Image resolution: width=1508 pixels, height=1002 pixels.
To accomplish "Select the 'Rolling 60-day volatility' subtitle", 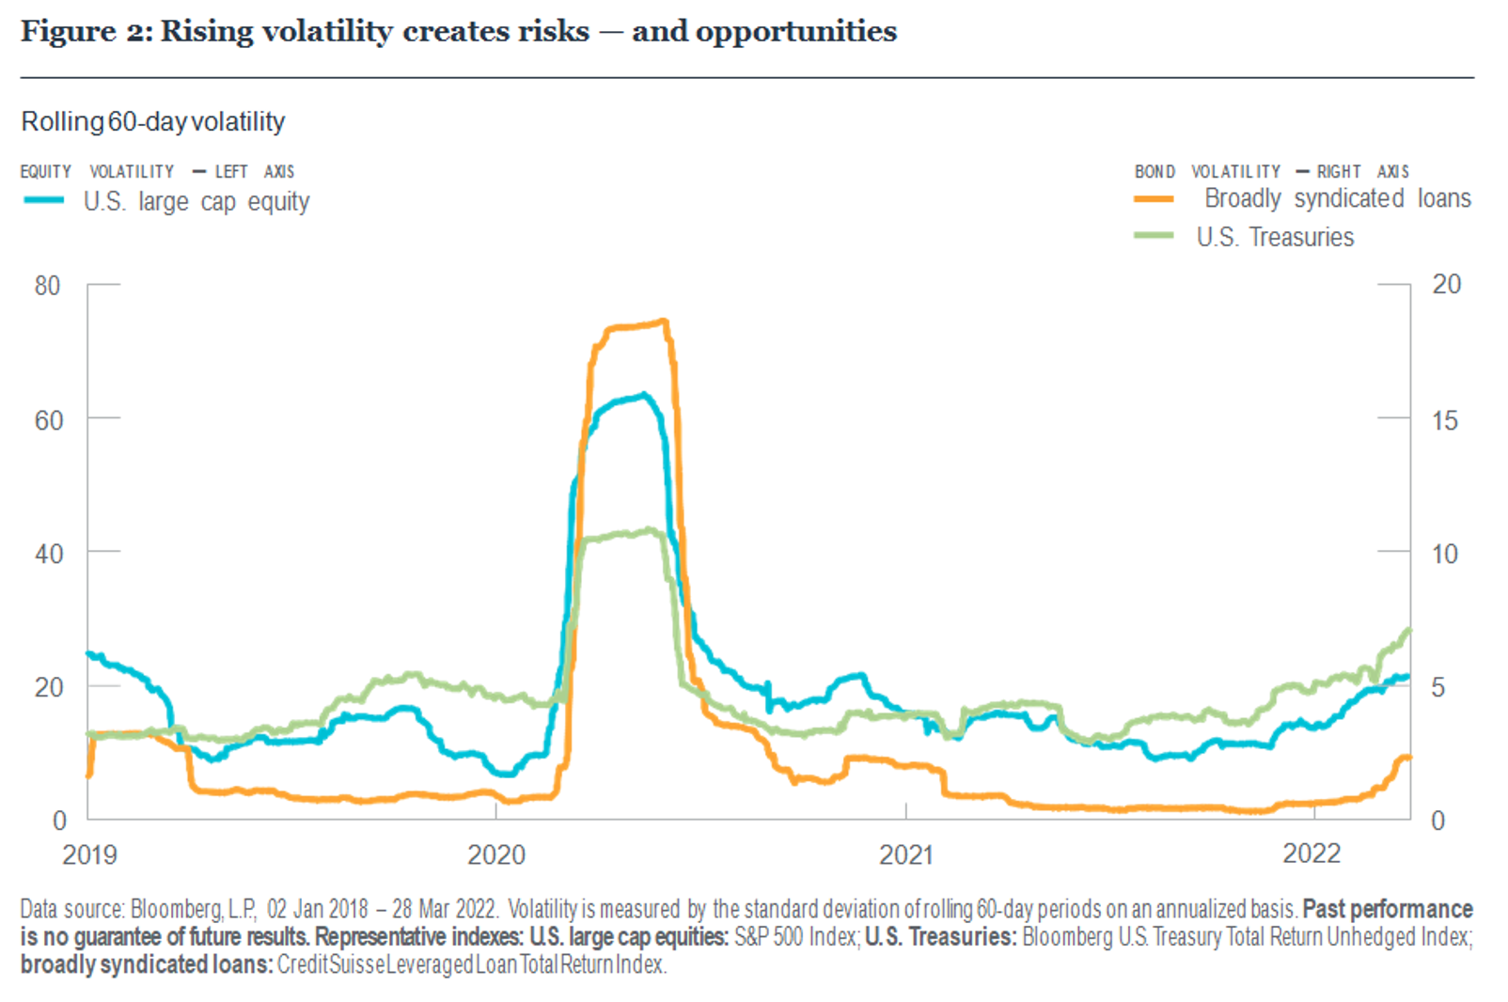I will [x=153, y=122].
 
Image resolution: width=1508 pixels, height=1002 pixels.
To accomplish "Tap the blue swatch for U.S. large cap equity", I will [x=43, y=200].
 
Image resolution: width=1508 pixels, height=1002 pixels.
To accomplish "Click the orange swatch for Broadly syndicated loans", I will [x=1154, y=199].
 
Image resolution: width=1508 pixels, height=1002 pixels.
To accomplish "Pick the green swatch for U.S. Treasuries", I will [x=1154, y=235].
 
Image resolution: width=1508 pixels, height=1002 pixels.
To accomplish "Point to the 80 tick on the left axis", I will [x=47, y=286].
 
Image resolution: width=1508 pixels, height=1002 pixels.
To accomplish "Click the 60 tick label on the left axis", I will [x=48, y=420].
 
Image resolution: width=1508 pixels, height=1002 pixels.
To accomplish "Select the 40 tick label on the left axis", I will [x=48, y=554].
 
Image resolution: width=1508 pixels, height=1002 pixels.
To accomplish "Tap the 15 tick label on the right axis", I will [x=1445, y=420].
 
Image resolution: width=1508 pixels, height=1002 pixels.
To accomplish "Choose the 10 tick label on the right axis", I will [x=1445, y=554].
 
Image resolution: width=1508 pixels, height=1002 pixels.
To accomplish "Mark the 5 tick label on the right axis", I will [x=1438, y=687].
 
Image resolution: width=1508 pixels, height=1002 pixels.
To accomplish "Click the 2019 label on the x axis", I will [x=89, y=854].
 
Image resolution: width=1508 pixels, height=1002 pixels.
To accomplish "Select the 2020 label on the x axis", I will [x=496, y=854].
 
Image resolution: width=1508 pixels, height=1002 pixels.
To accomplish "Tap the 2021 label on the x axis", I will [x=906, y=854].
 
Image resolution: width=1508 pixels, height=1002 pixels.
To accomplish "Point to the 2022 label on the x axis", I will [x=1312, y=853].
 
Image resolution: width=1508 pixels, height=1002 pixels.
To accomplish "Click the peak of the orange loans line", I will [x=664, y=321].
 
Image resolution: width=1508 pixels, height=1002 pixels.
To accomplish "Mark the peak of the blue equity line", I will [x=644, y=395].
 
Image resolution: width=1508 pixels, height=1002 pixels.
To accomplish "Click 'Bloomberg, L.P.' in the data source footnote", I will [x=193, y=909].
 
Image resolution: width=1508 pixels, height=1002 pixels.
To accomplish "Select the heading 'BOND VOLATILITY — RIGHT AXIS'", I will [x=1271, y=172].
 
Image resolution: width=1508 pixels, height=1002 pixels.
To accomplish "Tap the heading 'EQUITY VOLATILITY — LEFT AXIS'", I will [x=157, y=172].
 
